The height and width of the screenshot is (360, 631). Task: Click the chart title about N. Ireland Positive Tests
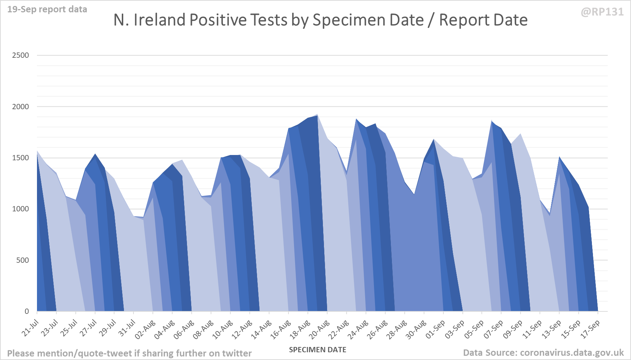pyautogui.click(x=320, y=20)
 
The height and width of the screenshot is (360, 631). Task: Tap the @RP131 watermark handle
pyautogui.click(x=602, y=12)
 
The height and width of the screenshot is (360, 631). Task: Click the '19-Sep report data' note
pyautogui.click(x=47, y=10)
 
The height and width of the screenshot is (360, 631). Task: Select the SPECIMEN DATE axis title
pyautogui.click(x=318, y=350)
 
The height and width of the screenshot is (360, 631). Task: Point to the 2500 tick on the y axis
pyautogui.click(x=20, y=55)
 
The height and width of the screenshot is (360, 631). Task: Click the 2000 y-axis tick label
pyautogui.click(x=20, y=107)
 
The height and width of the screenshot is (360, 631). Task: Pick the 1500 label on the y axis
pyautogui.click(x=20, y=158)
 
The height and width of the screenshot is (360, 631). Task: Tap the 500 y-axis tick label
pyautogui.click(x=23, y=260)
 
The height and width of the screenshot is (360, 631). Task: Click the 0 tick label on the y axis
pyautogui.click(x=27, y=311)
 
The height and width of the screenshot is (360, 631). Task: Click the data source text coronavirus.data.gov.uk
pyautogui.click(x=543, y=353)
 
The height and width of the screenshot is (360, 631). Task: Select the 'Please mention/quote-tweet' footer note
pyautogui.click(x=129, y=353)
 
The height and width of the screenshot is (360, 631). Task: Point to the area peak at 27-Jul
pyautogui.click(x=95, y=154)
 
